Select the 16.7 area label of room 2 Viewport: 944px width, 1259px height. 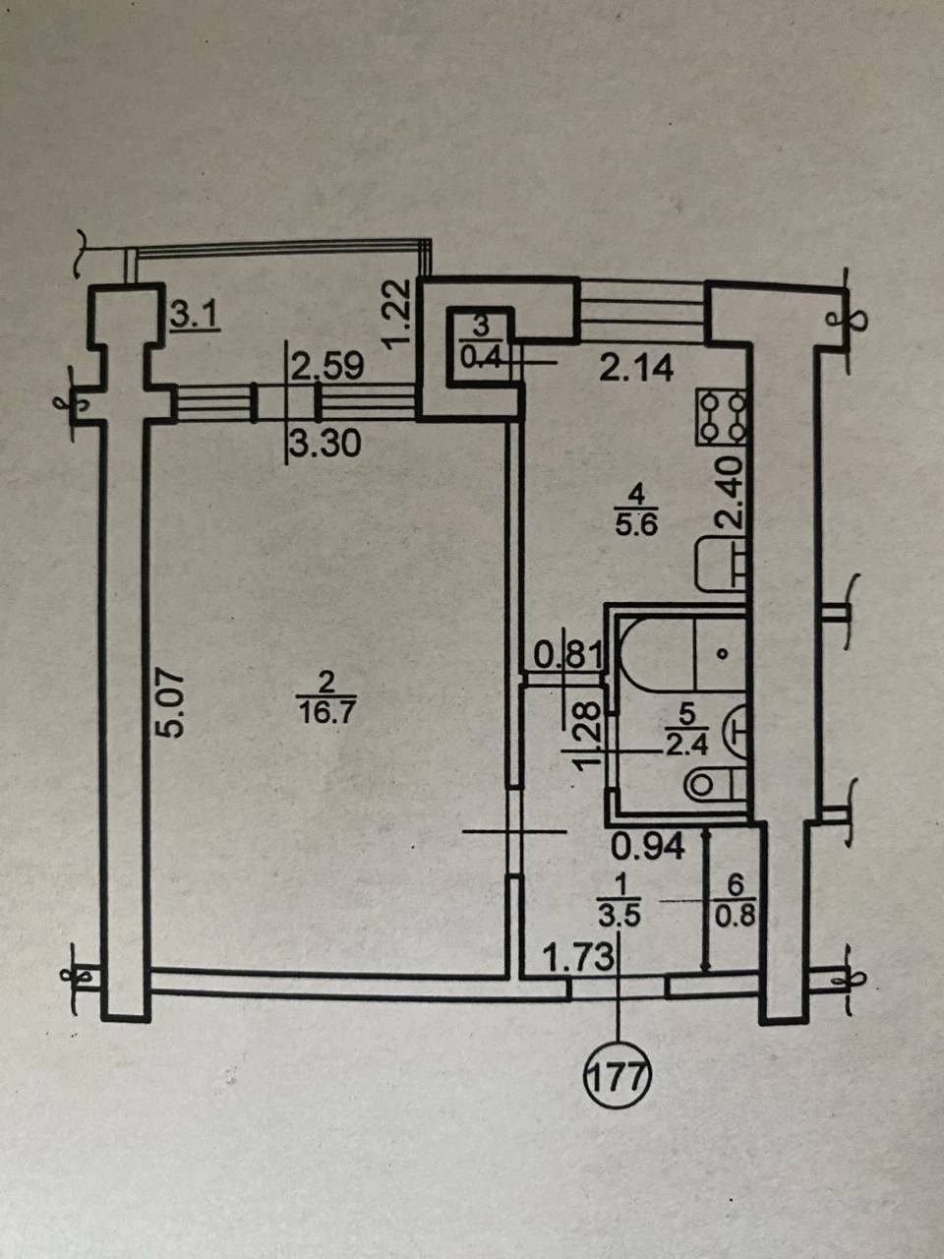[326, 713]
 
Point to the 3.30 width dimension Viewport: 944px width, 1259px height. [325, 444]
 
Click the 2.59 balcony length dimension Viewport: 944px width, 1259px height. [327, 367]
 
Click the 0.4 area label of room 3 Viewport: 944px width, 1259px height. [482, 360]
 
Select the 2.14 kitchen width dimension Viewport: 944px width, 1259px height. [636, 369]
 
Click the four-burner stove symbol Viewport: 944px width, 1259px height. [722, 417]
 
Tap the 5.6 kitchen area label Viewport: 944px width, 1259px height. [635, 525]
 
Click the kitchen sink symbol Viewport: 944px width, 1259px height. [722, 566]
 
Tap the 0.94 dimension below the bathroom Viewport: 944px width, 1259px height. [648, 847]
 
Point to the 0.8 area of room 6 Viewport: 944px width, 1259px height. [735, 917]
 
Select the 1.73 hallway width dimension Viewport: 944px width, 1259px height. [578, 958]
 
